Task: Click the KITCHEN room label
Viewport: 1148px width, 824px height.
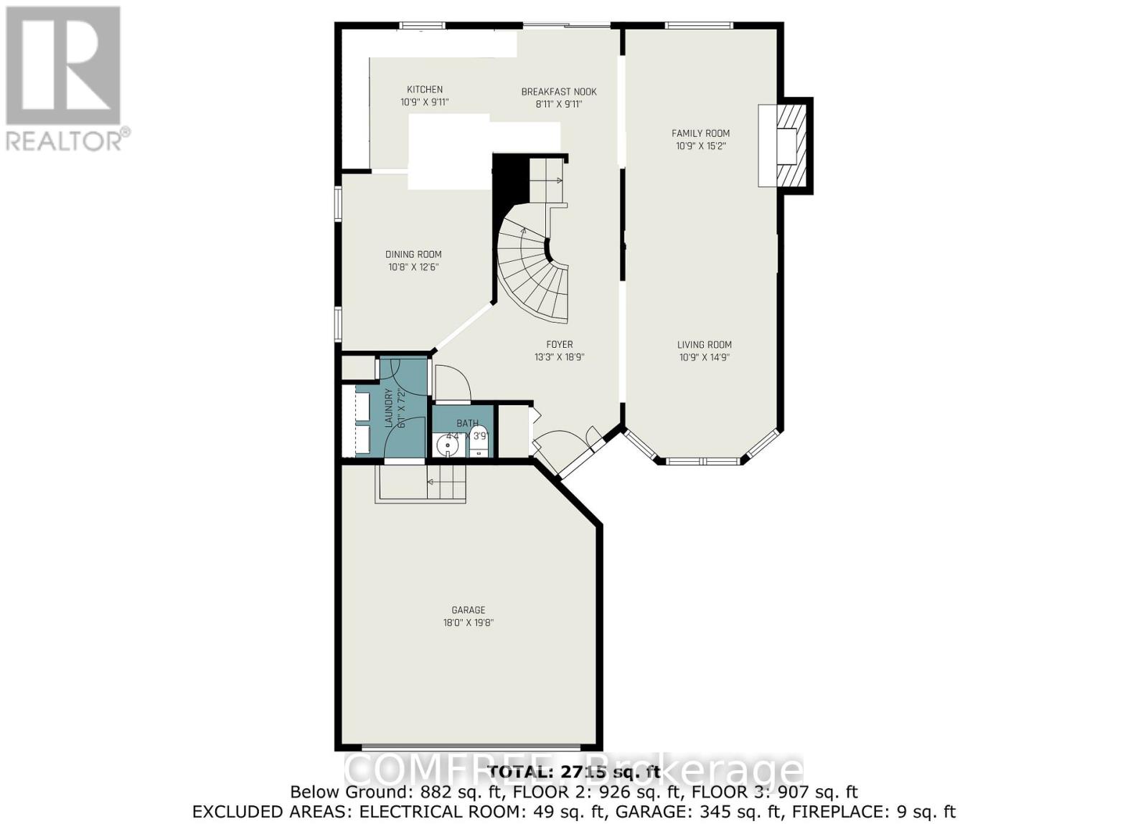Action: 425,90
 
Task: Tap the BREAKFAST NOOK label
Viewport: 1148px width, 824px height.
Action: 558,92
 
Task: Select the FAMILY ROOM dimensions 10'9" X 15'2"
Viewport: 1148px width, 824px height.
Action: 700,146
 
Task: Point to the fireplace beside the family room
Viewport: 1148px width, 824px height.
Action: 786,145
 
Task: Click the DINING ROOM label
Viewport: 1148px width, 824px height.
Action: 413,255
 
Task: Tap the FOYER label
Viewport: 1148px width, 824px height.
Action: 559,345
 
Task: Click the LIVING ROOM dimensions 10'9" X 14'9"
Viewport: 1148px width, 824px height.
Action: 705,357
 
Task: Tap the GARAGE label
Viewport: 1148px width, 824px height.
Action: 469,610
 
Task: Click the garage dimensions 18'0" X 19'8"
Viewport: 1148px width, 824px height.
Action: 469,622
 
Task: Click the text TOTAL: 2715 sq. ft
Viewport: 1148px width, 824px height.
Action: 573,772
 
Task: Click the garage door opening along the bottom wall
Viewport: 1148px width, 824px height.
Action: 469,747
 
